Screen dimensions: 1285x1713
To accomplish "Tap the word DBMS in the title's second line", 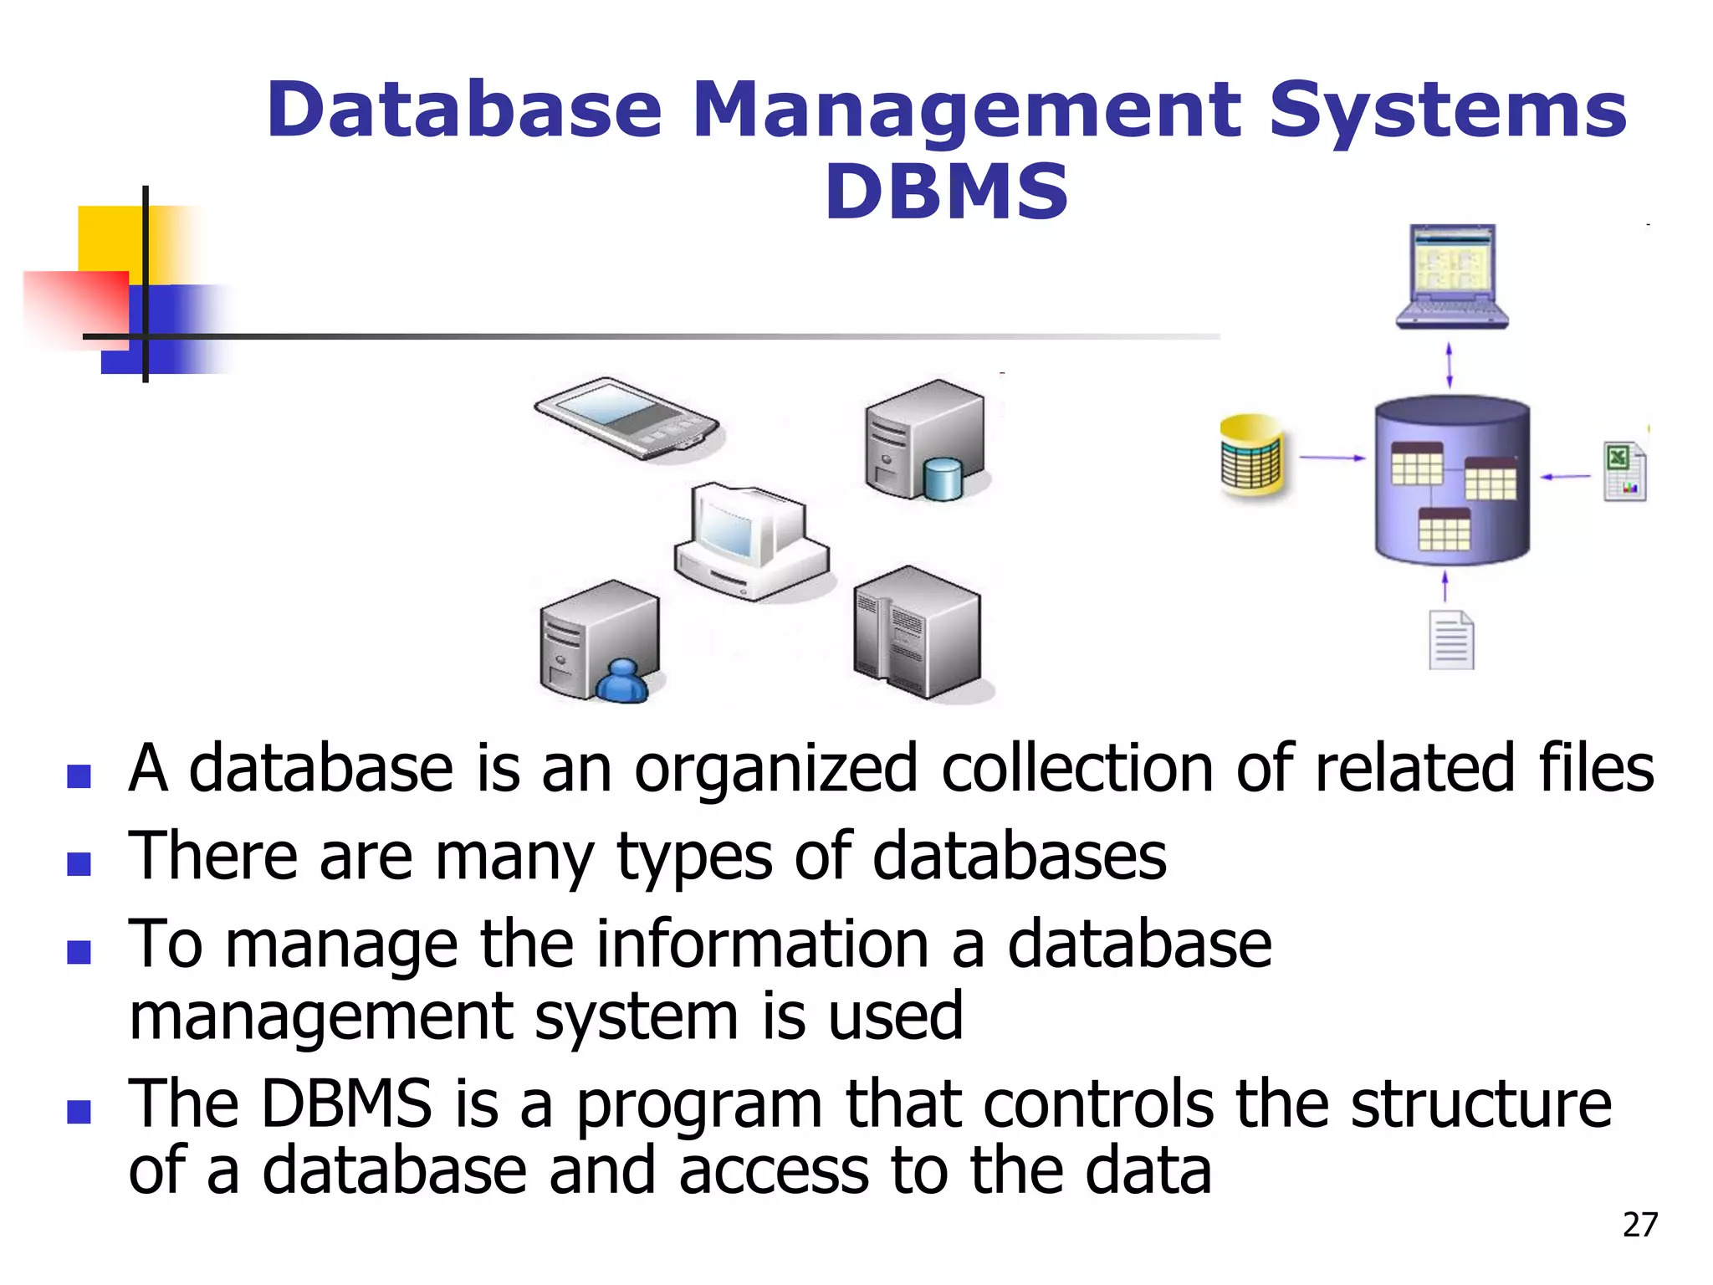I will pos(946,192).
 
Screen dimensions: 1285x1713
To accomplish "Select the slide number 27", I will pos(1639,1225).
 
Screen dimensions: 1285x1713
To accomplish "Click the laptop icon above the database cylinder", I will pos(1452,276).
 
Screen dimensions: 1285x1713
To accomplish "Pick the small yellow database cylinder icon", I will pos(1252,456).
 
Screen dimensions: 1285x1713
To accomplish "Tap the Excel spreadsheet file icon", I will pos(1624,472).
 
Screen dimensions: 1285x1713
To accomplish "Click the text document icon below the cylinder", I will pos(1450,641).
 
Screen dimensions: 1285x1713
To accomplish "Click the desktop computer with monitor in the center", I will pos(749,540).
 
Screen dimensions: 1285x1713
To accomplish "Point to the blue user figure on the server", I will pos(621,682).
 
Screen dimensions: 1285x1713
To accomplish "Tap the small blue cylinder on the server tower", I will pos(943,479).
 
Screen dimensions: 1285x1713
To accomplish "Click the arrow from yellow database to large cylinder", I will pos(1331,458).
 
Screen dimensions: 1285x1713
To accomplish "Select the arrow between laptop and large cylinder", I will pos(1450,366).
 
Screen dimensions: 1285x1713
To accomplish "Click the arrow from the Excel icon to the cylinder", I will pos(1566,476).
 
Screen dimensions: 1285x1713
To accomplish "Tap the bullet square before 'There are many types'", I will pos(79,863).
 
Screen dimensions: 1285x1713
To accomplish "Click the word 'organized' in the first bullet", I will pos(776,768).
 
